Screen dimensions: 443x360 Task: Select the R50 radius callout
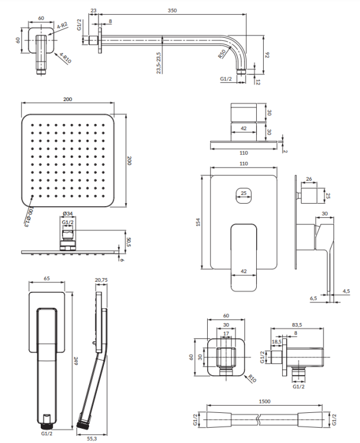[222, 56]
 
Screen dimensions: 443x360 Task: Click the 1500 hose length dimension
[264, 402]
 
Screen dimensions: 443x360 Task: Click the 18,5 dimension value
[276, 341]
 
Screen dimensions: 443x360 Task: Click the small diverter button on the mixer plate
[244, 195]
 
